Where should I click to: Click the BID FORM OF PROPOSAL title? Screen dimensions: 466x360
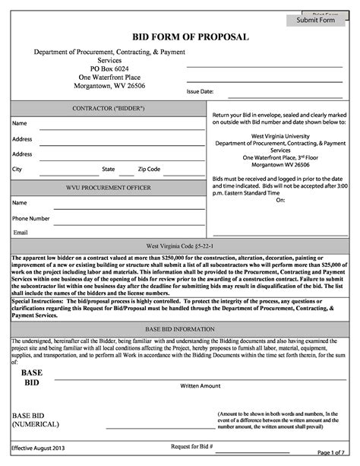pos(179,36)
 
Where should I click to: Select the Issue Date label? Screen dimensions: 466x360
pos(200,92)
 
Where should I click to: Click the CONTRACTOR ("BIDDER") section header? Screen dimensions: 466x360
pos(108,109)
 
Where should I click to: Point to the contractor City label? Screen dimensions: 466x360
pos(17,169)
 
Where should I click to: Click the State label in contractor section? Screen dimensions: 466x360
pos(109,169)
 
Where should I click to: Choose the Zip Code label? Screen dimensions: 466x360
pos(149,169)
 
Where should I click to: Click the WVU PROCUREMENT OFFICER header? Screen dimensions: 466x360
pos(108,187)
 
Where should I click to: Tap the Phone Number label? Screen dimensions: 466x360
pos(30,218)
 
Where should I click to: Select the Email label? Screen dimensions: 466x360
pos(20,233)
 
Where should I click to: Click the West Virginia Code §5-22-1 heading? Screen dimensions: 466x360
pos(179,246)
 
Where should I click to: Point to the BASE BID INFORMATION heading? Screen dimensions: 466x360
pos(179,331)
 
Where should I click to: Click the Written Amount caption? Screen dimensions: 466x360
pos(200,386)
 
